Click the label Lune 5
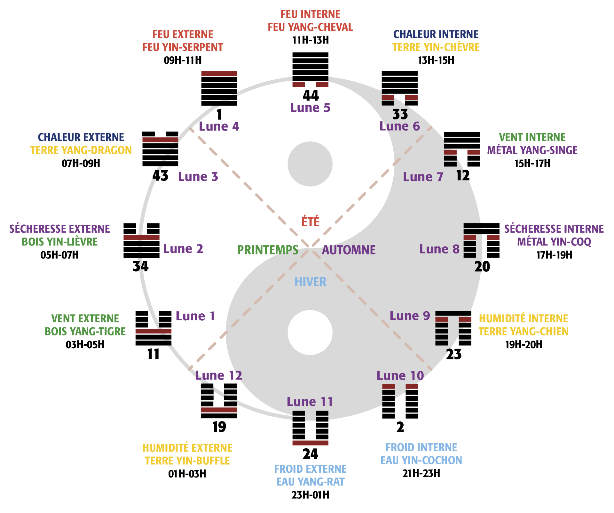point(310,108)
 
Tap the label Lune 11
point(310,402)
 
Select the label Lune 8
point(439,249)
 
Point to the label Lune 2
point(183,249)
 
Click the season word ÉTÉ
point(311,222)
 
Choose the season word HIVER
point(311,282)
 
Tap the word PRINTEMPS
point(268,250)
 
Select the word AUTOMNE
point(349,250)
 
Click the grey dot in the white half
point(310,164)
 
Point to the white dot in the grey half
point(310,333)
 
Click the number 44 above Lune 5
point(311,95)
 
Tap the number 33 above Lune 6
point(400,114)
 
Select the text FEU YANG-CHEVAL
point(310,28)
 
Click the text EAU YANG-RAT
point(310,482)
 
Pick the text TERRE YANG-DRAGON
point(81,150)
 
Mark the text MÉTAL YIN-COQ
point(554,242)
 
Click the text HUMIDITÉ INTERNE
point(523,319)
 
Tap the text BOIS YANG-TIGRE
point(85,332)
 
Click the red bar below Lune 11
point(310,443)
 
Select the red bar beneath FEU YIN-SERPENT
point(219,74)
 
